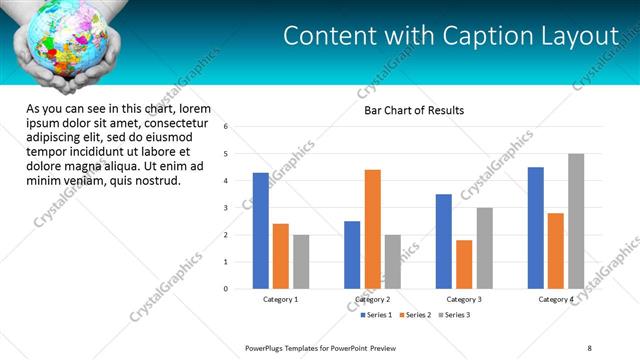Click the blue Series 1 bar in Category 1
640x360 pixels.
pyautogui.click(x=261, y=231)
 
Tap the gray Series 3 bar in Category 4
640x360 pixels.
pyautogui.click(x=576, y=221)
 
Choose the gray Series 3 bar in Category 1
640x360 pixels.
pyautogui.click(x=301, y=262)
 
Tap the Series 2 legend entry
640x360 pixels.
pyautogui.click(x=416, y=315)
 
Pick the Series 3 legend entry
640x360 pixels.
pyautogui.click(x=456, y=315)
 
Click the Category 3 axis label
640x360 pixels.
pyautogui.click(x=463, y=299)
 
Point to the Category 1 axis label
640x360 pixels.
pyautogui.click(x=281, y=299)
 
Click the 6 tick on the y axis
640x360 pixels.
pyautogui.click(x=226, y=127)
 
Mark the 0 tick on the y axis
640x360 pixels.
pyautogui.click(x=226, y=289)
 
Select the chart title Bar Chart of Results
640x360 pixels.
pyautogui.click(x=414, y=110)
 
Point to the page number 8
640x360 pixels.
pyautogui.click(x=589, y=347)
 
